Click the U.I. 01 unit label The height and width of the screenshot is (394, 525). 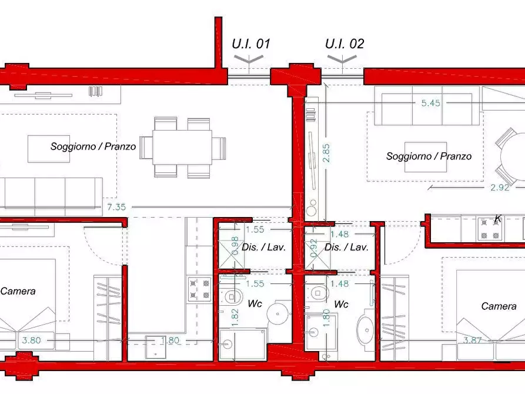251,44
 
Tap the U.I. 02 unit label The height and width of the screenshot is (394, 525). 345,44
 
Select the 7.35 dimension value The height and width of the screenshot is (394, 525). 116,207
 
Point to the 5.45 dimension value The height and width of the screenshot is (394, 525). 430,103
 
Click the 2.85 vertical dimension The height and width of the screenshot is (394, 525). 326,153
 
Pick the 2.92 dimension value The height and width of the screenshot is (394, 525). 500,187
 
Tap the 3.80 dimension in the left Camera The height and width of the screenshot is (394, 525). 32,340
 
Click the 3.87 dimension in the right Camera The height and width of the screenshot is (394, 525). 473,340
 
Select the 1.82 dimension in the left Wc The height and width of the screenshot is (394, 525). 235,318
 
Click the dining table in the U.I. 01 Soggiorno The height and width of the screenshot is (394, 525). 182,148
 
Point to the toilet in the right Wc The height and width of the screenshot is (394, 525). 317,293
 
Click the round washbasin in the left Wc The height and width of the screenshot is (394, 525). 277,314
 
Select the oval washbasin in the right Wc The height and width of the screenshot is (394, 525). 367,330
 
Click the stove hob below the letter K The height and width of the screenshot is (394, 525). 490,229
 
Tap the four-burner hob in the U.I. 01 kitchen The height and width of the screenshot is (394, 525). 199,289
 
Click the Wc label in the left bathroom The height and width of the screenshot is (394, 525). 255,303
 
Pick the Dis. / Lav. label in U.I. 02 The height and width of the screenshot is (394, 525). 346,247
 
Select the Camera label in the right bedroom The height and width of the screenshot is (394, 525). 499,306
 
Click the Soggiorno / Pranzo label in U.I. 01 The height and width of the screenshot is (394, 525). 93,146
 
